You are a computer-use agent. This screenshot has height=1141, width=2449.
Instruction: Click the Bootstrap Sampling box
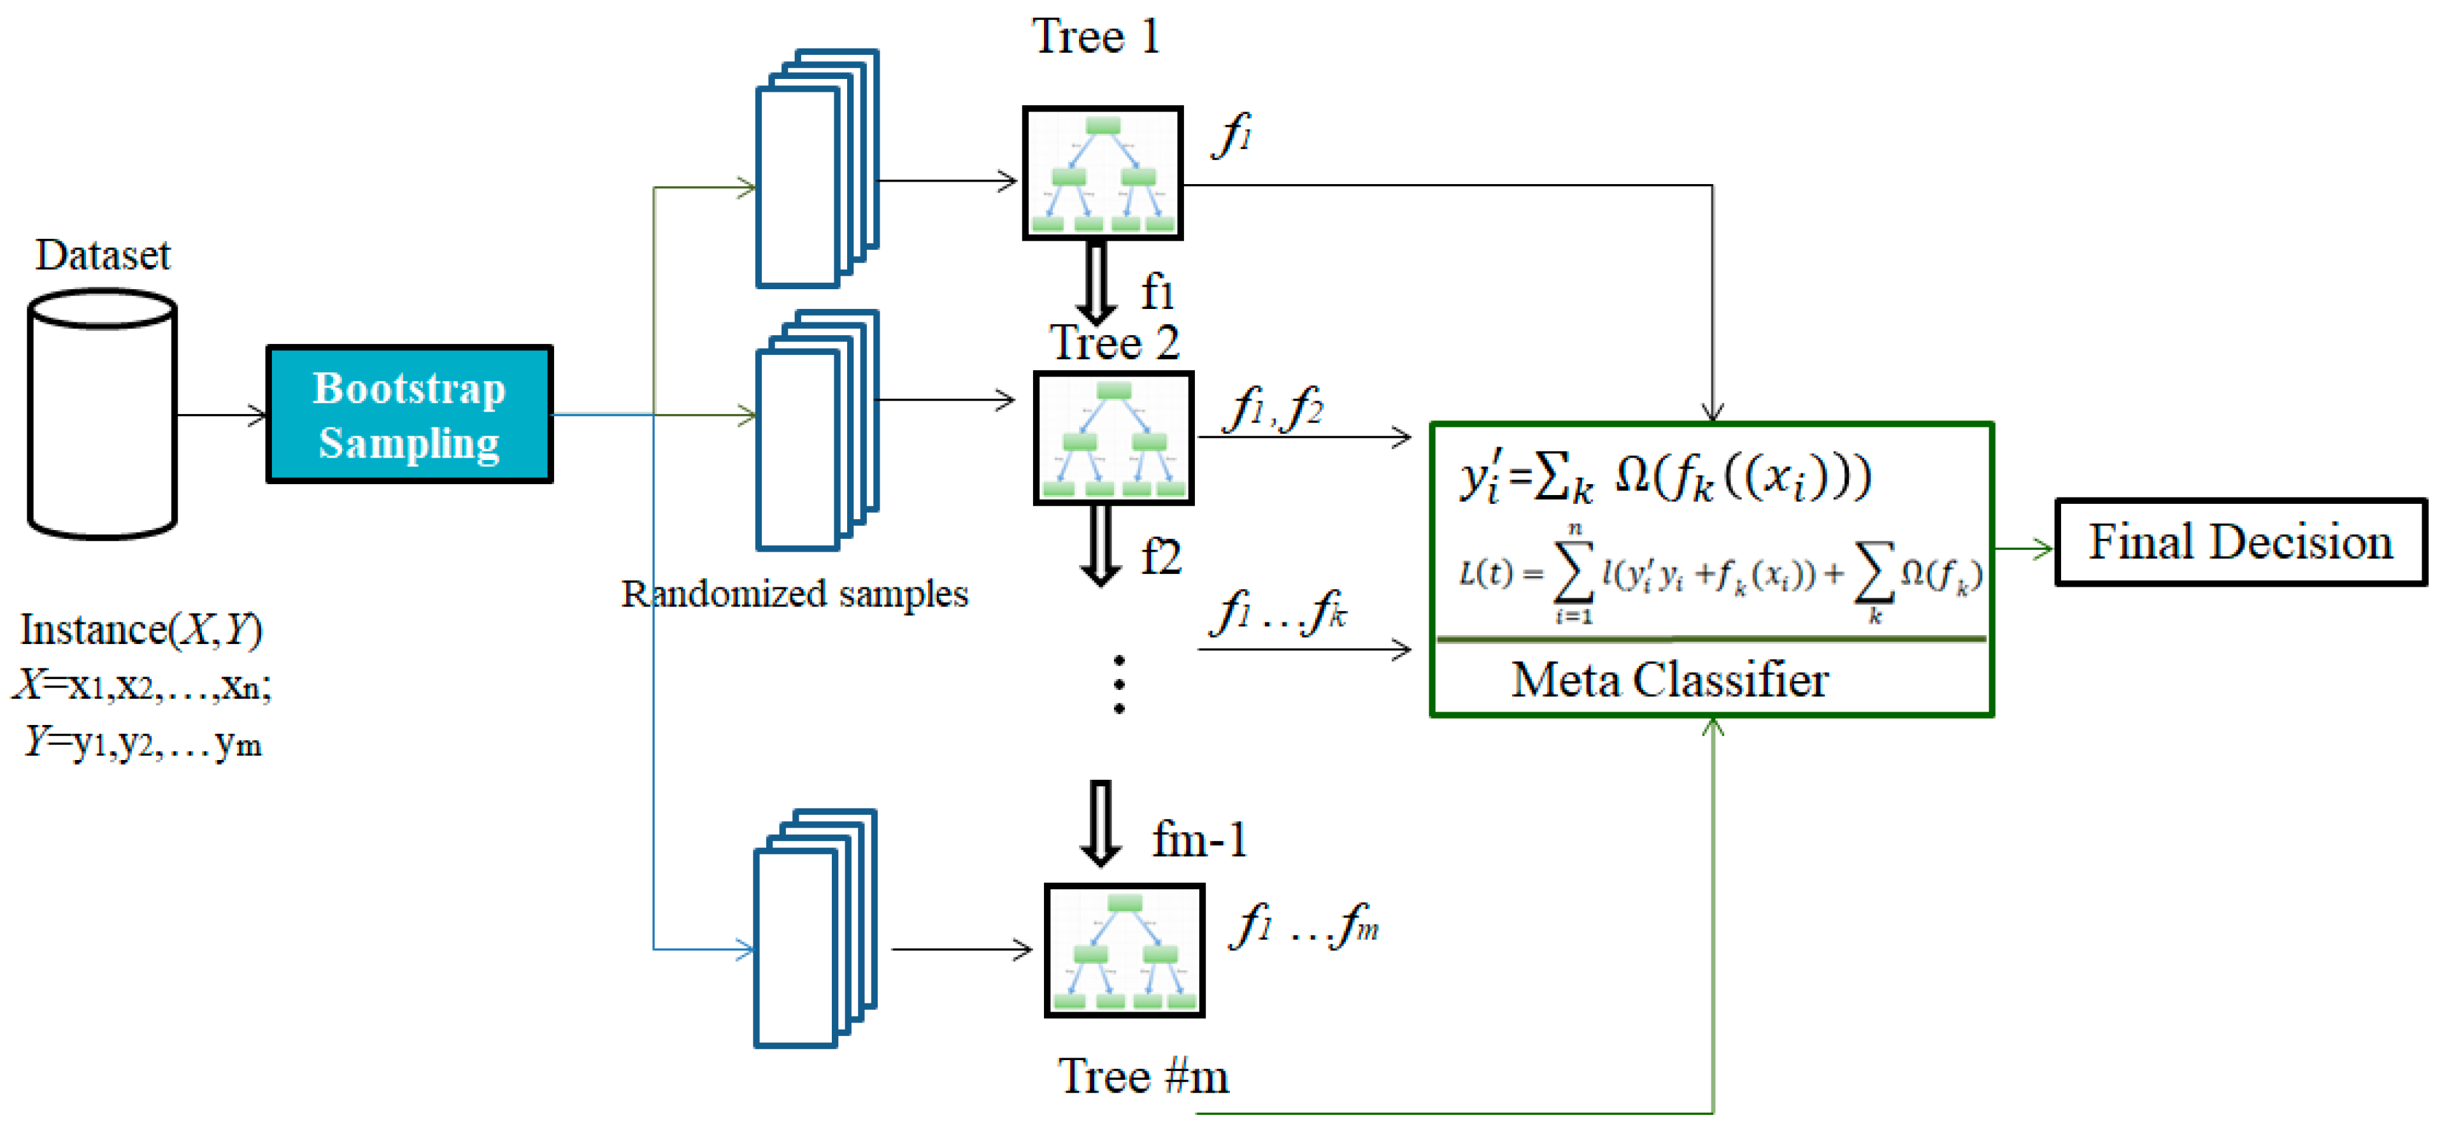(409, 415)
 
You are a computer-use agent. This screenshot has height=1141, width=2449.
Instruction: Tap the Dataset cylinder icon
(102, 415)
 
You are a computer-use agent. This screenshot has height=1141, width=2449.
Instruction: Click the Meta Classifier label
(1669, 680)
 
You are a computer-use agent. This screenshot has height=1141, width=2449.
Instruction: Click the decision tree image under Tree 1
(1102, 173)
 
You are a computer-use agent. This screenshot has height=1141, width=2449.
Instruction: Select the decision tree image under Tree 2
(1113, 438)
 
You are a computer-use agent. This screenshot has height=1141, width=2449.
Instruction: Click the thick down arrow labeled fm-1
(1100, 824)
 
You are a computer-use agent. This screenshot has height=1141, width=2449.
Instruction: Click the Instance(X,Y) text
(141, 629)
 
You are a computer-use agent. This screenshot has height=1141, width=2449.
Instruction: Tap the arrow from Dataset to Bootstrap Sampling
(222, 415)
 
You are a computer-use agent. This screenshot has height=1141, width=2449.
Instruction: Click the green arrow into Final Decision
(2023, 549)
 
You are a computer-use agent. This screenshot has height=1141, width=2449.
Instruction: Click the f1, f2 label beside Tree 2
(1276, 410)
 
